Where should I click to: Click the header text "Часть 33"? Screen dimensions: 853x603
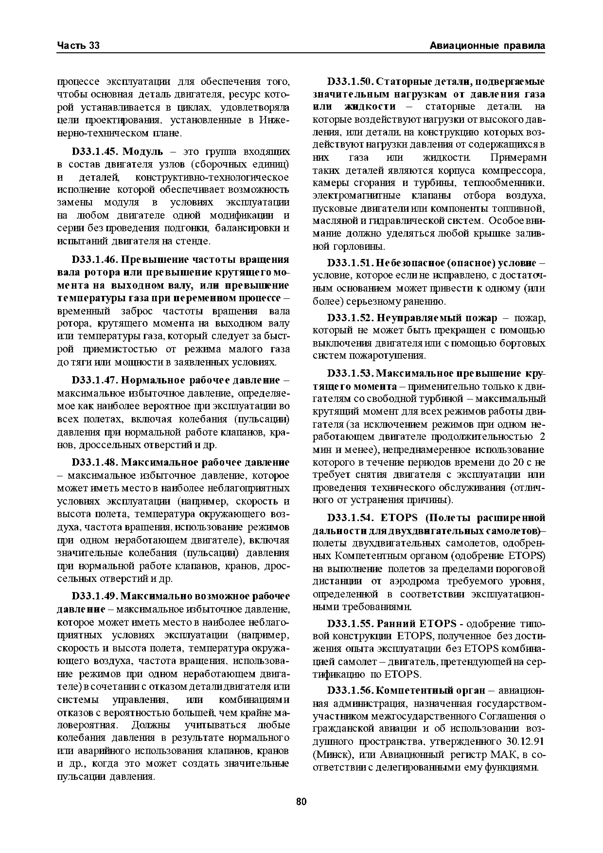coord(78,46)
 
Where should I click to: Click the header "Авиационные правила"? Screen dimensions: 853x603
coord(487,46)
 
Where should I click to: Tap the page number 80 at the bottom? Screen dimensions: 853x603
coord(301,801)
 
